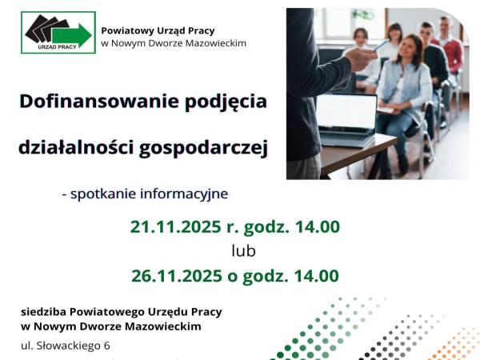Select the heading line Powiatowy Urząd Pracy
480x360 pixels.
[x=151, y=30]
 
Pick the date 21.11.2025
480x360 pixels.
[x=179, y=226]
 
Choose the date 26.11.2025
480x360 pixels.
[x=180, y=276]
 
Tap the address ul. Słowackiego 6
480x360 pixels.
[x=66, y=346]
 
